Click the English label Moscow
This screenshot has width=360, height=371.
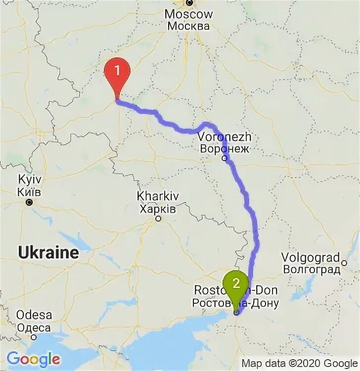tap(188, 14)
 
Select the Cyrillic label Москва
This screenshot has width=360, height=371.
tap(188, 26)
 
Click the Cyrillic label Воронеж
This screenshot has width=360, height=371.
tap(225, 148)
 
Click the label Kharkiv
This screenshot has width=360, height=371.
tap(158, 197)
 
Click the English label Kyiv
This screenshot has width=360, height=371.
tap(28, 180)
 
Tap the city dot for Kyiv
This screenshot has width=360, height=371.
tap(29, 202)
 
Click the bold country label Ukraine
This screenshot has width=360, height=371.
tap(48, 253)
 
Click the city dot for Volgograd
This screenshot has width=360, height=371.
tap(343, 258)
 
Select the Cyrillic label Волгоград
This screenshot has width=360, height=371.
tap(312, 270)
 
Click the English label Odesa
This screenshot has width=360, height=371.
tap(34, 315)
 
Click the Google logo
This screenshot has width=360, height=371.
tap(33, 358)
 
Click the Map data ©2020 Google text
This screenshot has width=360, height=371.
tap(299, 364)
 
